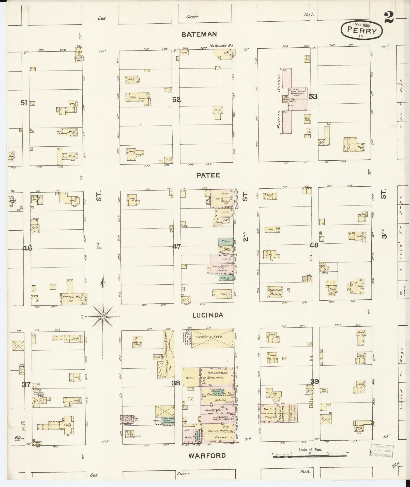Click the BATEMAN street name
(199, 34)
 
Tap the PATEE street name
(208, 175)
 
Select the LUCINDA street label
(208, 315)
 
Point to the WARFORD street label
(207, 455)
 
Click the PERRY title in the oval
(362, 31)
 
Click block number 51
(24, 103)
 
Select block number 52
(176, 100)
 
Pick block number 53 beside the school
(313, 96)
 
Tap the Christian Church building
(275, 292)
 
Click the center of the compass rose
(102, 316)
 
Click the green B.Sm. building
(224, 241)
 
